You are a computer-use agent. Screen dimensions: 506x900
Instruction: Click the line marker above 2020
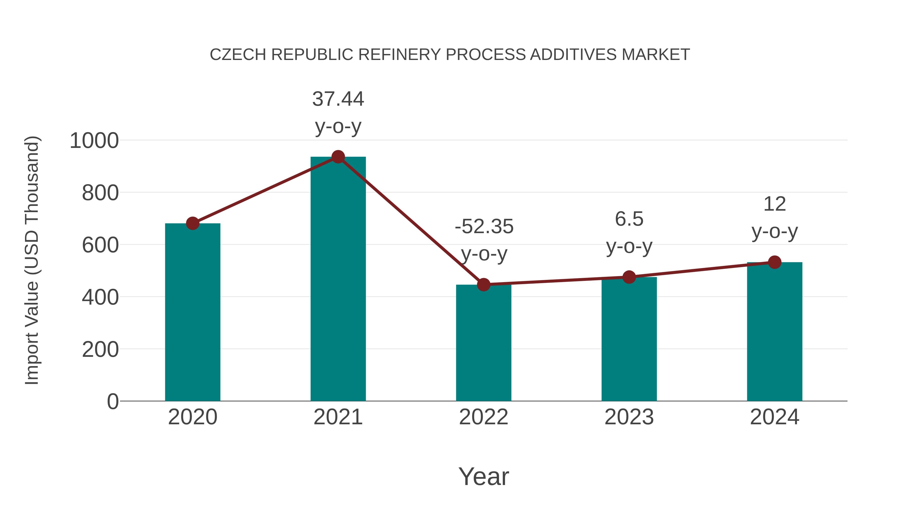pos(192,223)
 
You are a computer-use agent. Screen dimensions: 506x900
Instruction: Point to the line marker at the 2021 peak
pos(338,157)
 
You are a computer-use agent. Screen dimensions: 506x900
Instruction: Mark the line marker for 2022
pos(483,285)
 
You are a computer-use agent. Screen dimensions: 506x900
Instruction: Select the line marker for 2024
pos(774,262)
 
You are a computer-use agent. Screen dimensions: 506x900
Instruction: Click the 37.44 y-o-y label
pos(338,112)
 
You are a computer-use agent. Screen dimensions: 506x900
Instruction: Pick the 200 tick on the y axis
pos(100,349)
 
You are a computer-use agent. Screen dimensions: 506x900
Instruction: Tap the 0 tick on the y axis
pos(112,401)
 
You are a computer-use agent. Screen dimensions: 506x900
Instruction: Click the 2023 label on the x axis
pos(629,417)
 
